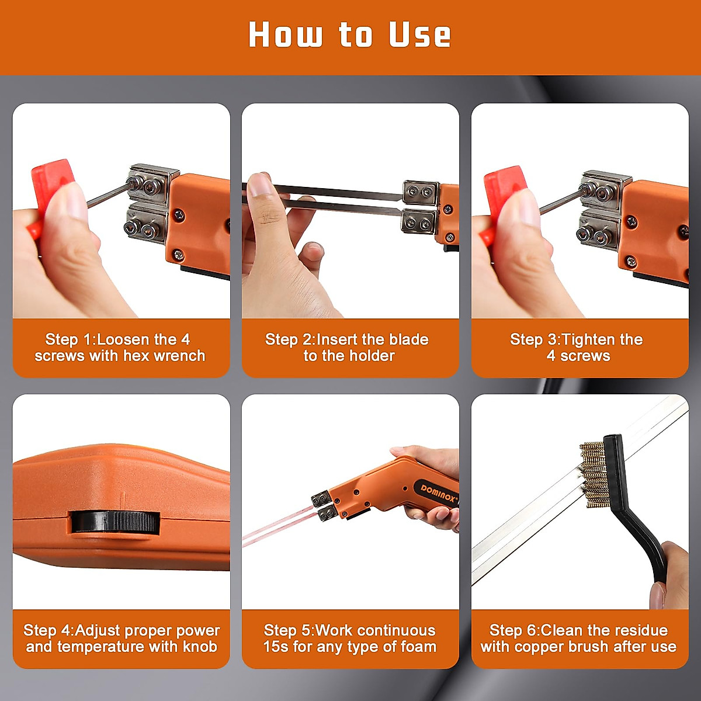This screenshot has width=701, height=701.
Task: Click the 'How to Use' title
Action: pyautogui.click(x=349, y=35)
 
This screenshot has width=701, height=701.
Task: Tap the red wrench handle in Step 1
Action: pyautogui.click(x=51, y=176)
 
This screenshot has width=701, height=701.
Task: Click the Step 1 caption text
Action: pyautogui.click(x=120, y=348)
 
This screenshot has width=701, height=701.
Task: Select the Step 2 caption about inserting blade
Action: pyautogui.click(x=349, y=348)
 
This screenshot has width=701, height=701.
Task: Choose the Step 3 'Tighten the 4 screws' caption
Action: pyautogui.click(x=578, y=348)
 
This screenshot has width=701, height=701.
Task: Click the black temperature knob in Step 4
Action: pyautogui.click(x=115, y=522)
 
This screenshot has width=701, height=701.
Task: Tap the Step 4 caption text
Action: pyautogui.click(x=122, y=638)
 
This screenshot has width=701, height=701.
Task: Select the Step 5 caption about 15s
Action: pyautogui.click(x=349, y=638)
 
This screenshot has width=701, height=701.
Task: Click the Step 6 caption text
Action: pyautogui.click(x=578, y=638)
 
